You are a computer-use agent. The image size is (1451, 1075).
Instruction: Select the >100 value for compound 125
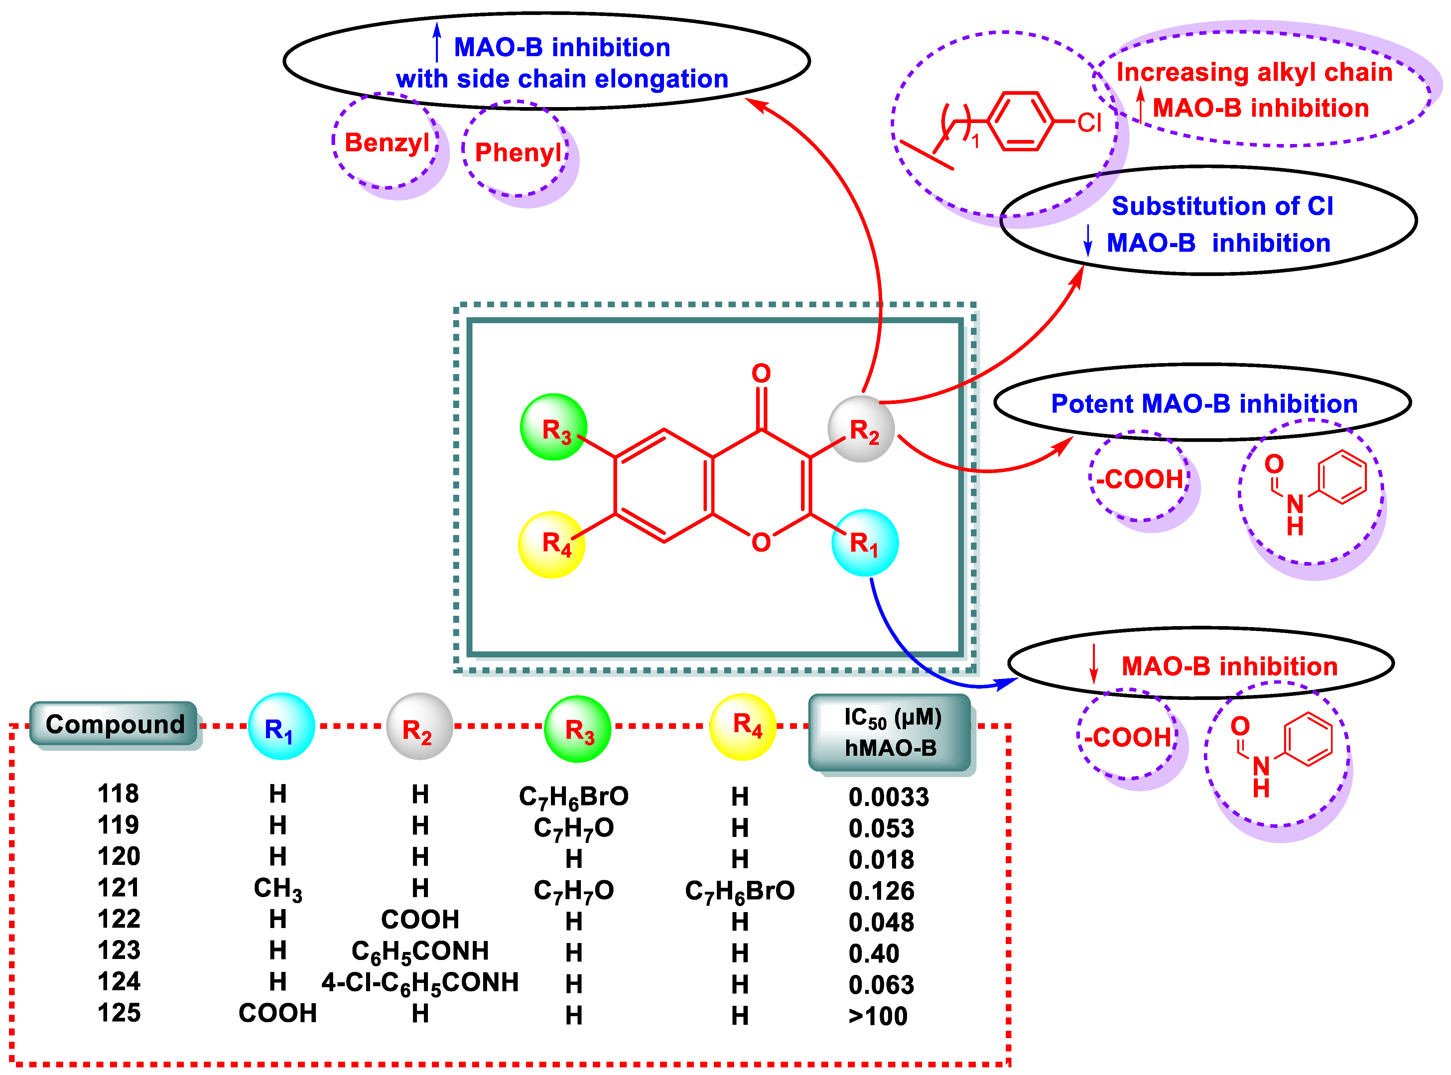coord(878,1016)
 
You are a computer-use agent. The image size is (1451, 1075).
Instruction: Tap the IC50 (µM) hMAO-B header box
coord(890,733)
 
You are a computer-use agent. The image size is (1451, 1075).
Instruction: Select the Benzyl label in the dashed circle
coord(386,143)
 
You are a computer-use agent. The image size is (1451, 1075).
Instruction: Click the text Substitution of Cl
coord(1222,206)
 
